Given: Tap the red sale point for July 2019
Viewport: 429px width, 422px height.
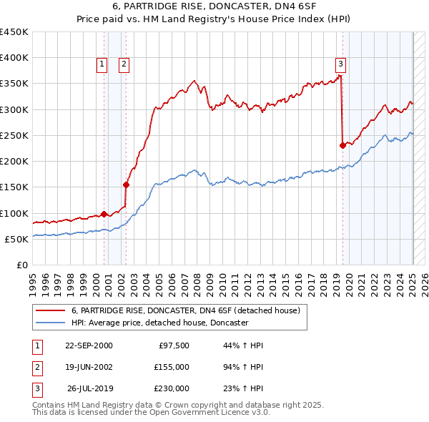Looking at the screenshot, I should pos(342,145).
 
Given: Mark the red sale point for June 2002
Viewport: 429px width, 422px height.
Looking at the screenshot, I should pos(126,184).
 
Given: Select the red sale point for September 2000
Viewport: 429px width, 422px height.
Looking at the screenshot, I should pos(104,214).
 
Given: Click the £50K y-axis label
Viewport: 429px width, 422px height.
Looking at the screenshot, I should pos(16,239).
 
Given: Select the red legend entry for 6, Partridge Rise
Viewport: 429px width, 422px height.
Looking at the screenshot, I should pos(189,310).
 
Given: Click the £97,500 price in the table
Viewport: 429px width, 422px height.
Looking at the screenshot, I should pos(173,345).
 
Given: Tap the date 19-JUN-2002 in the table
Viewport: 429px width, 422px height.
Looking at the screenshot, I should pos(89,367).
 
